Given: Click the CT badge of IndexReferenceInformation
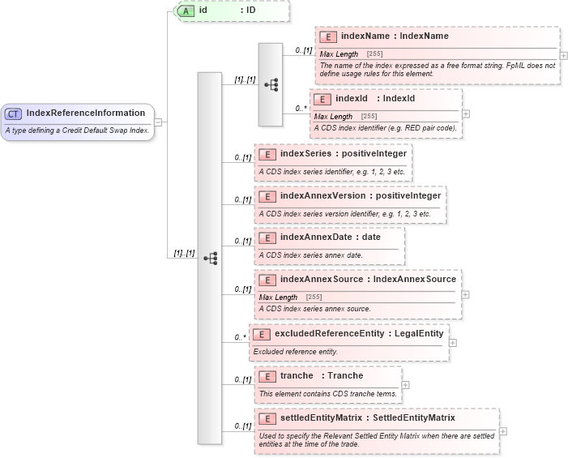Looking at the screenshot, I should coord(14,113).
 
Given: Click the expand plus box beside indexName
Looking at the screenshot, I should coord(563,56).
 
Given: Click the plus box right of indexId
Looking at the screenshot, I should coord(466,113).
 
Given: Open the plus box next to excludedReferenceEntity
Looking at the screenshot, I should coord(452,342).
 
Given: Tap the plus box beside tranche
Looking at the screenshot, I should coord(405,385).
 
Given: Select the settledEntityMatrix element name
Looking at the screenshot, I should coord(318,418).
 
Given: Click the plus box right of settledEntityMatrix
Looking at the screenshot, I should coord(503,431).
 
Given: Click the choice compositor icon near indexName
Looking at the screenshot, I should coord(270,84).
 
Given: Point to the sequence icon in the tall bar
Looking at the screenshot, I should coord(210,258).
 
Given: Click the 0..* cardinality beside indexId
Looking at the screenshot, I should coord(301,107).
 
